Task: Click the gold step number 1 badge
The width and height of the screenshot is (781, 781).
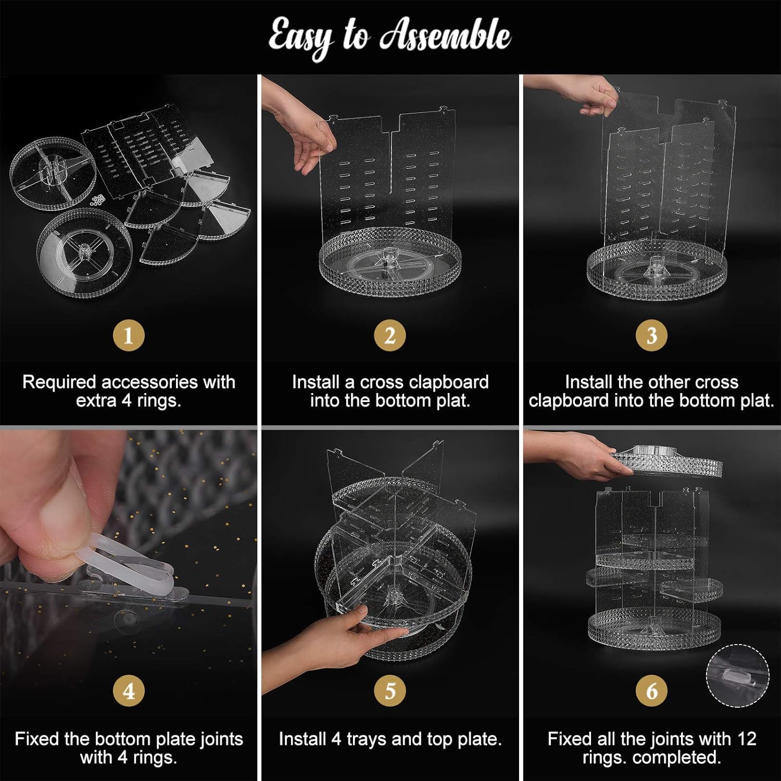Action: (x=129, y=335)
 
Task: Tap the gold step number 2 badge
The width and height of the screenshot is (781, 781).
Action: (x=390, y=335)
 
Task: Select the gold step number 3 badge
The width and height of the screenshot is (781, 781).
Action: (x=651, y=335)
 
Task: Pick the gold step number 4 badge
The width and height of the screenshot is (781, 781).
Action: (x=129, y=691)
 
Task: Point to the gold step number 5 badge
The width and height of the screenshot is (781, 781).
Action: (x=390, y=691)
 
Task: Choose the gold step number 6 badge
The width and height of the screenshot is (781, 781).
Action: (x=651, y=691)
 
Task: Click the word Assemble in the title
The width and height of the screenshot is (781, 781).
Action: (x=445, y=35)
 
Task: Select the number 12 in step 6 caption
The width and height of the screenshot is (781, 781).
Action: (x=747, y=739)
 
